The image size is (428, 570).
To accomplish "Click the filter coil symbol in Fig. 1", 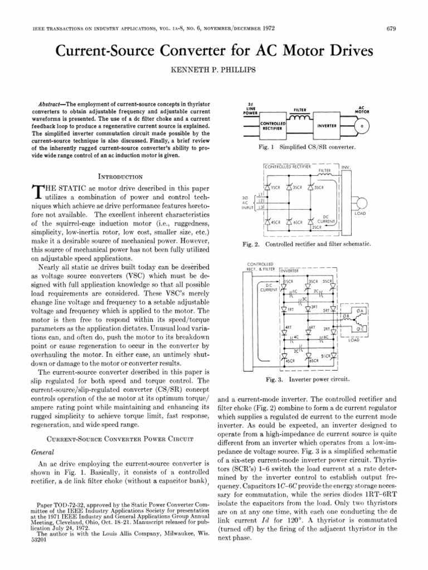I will point(298,119).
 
